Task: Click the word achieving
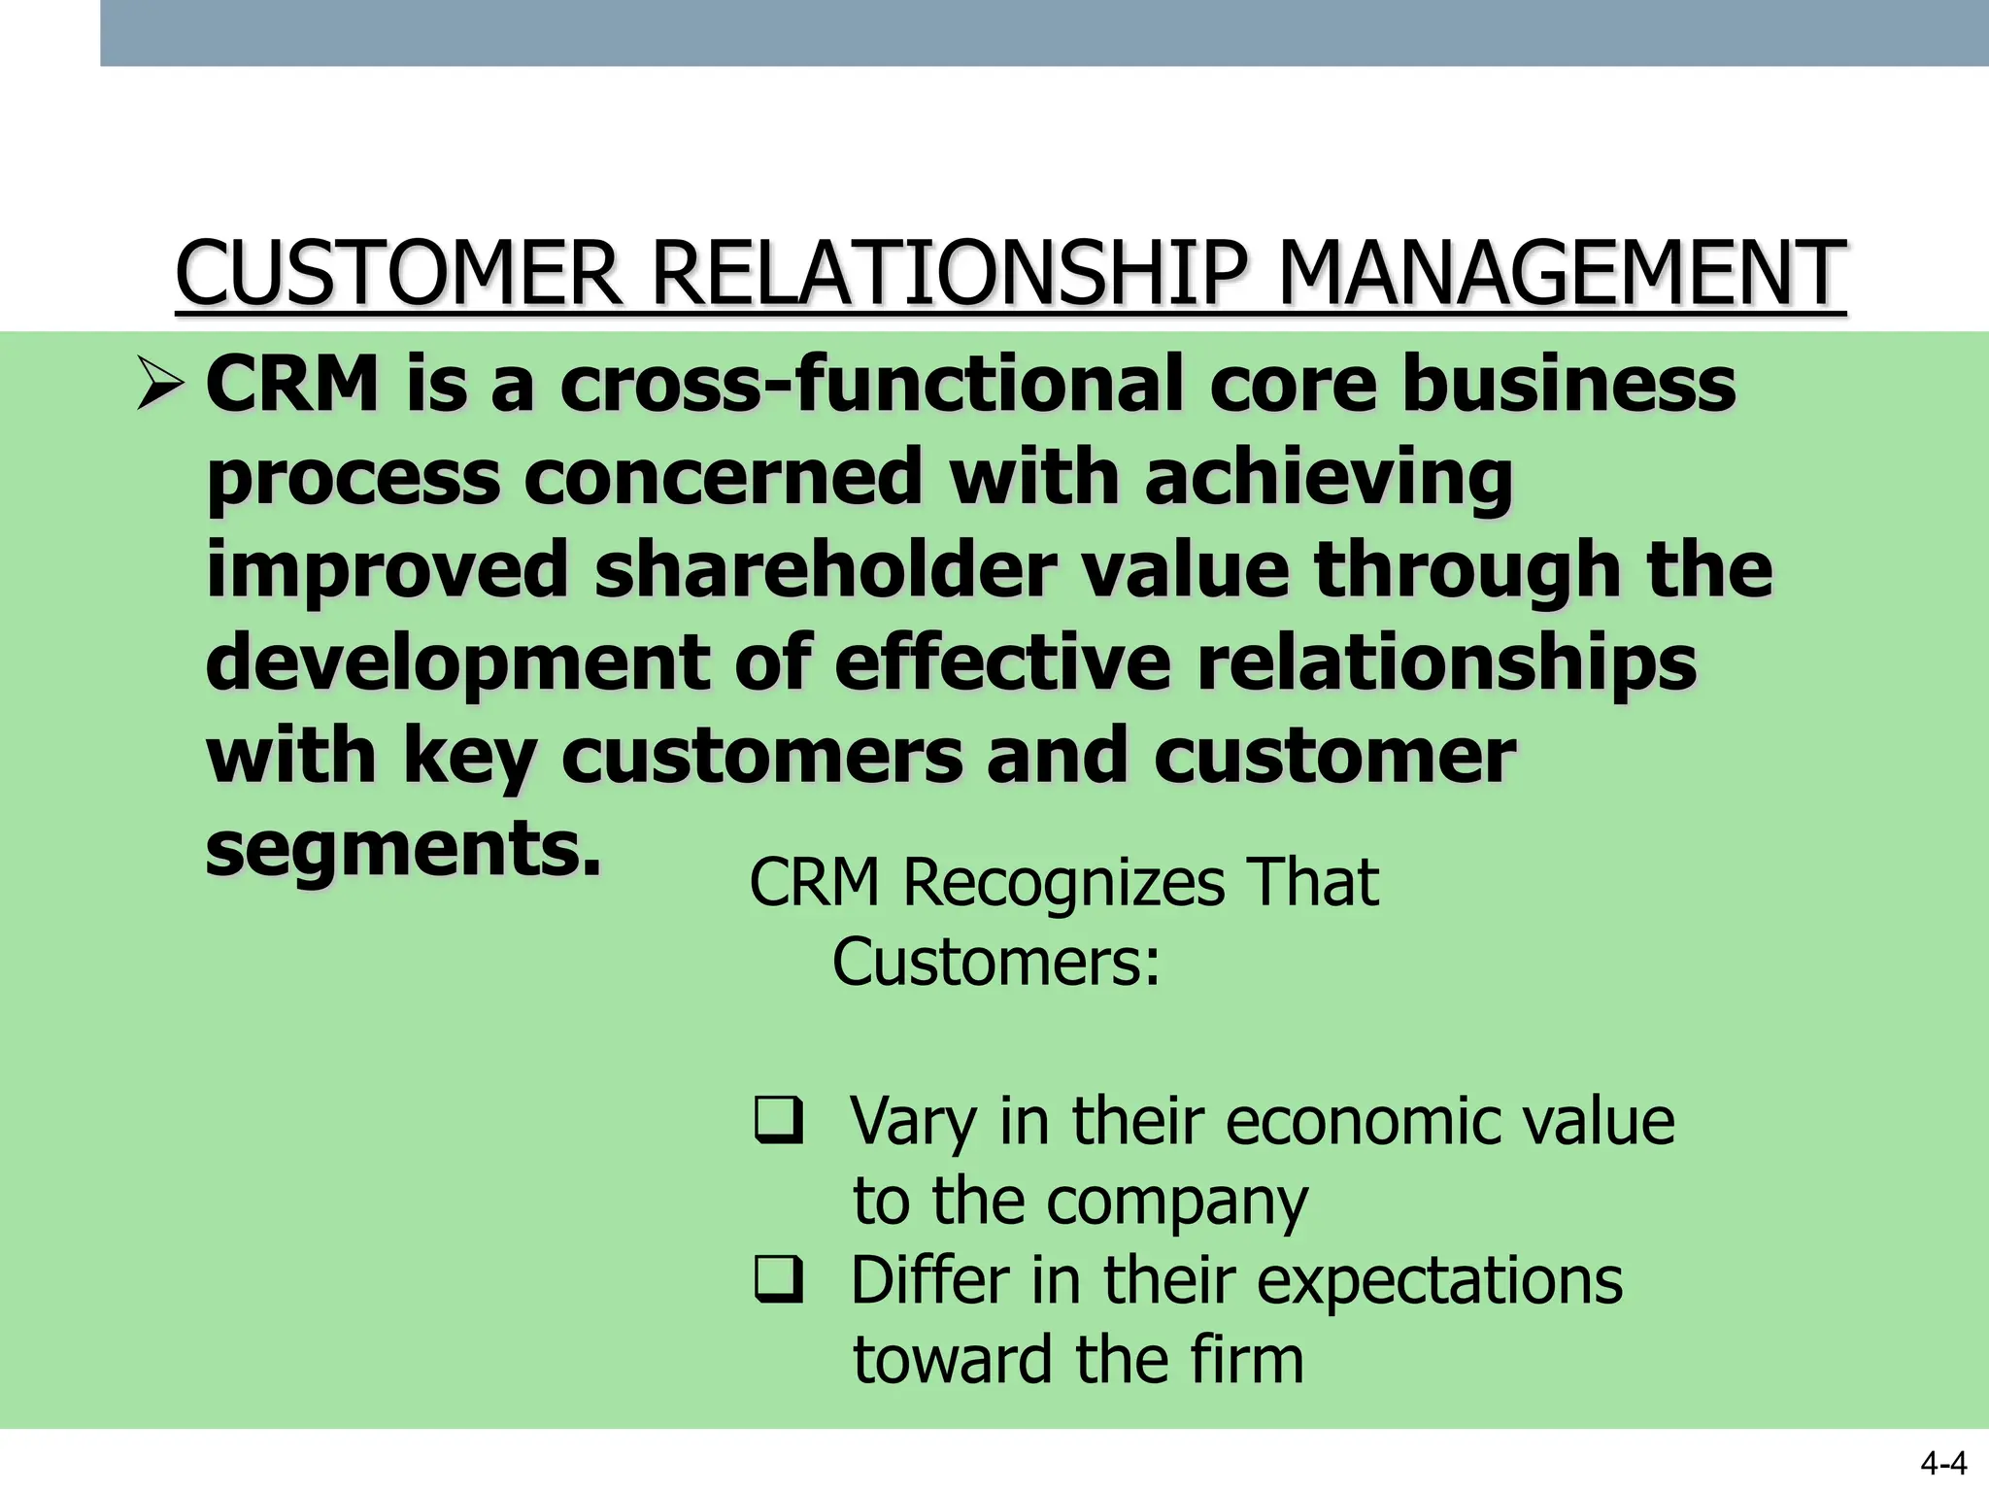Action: (1328, 478)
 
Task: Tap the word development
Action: (457, 663)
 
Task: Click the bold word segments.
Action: (403, 848)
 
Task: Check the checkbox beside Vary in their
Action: (779, 1119)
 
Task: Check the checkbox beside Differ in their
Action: (779, 1278)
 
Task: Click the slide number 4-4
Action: (1943, 1463)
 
